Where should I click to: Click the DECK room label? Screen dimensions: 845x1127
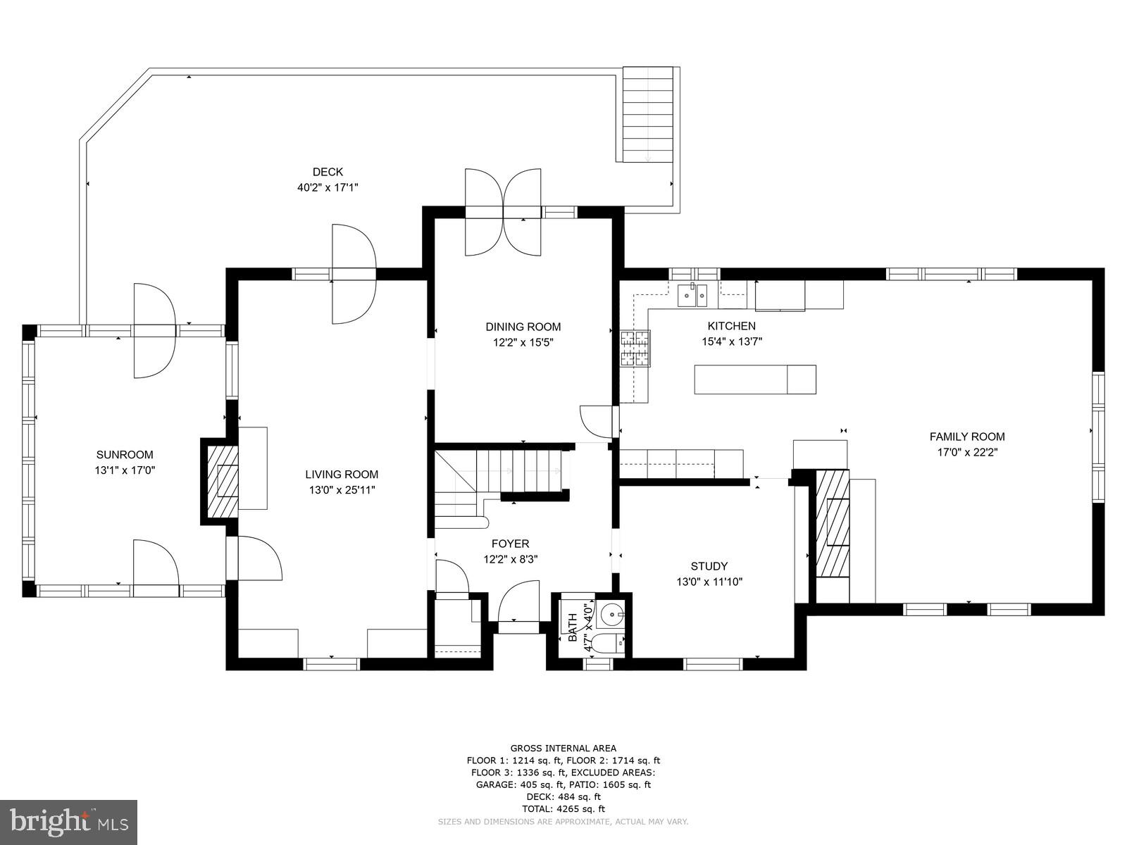tap(328, 172)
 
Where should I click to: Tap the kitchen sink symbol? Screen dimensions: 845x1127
tap(692, 296)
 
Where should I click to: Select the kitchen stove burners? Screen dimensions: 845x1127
tap(635, 348)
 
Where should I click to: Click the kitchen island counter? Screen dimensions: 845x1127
tap(754, 380)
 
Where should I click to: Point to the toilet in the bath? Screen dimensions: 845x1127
tap(606, 642)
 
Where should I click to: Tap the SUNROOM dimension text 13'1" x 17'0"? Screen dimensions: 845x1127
tap(125, 470)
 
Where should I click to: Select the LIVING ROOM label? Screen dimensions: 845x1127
tap(342, 475)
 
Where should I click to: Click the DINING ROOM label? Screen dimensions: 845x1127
tap(523, 327)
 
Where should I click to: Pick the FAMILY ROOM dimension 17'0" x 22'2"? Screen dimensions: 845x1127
tap(967, 452)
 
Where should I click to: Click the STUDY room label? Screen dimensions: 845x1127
tap(709, 566)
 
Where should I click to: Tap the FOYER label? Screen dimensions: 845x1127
tap(510, 544)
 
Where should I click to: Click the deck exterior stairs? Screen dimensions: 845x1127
tap(648, 114)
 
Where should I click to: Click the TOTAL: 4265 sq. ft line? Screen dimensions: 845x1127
tap(563, 809)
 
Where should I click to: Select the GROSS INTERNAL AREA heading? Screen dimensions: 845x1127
tap(563, 748)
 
